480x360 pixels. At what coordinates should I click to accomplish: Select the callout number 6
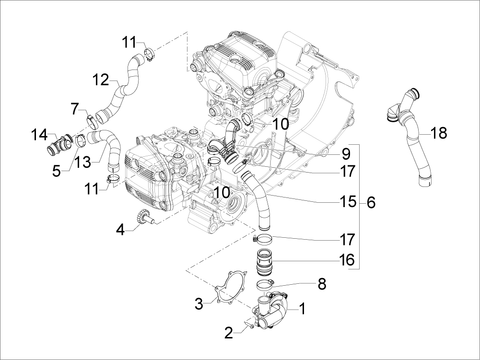371,203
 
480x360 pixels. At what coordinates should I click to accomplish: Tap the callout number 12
101,80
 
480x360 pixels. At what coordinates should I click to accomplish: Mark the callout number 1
302,308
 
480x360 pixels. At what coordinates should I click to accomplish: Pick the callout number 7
75,108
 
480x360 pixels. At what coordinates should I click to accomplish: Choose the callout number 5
57,171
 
